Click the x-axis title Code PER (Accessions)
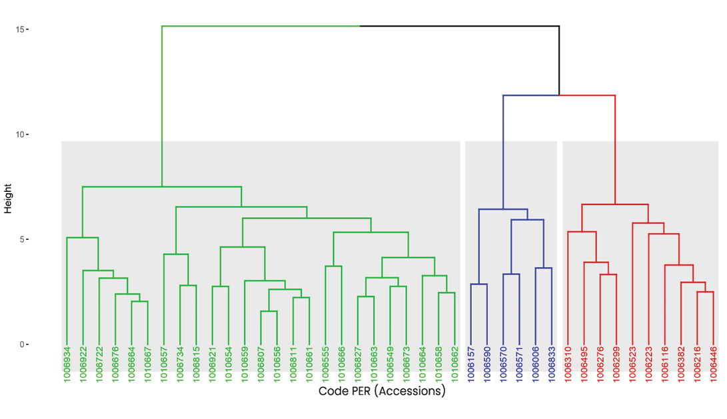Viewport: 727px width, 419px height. click(382, 391)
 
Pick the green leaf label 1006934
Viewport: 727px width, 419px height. click(67, 364)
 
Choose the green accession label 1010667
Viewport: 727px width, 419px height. click(147, 364)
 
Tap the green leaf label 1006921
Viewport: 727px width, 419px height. click(213, 364)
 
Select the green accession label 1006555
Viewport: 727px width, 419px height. click(325, 364)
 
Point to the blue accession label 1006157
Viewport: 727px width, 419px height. click(471, 364)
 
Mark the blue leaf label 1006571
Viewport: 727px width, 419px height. click(519, 364)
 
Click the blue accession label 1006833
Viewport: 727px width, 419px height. click(552, 364)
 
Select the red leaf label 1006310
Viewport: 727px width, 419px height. click(568, 364)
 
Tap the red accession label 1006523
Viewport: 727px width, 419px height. click(632, 364)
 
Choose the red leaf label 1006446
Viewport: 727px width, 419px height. click(713, 364)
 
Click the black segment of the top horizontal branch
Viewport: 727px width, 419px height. click(460, 27)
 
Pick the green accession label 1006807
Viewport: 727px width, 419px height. click(261, 364)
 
